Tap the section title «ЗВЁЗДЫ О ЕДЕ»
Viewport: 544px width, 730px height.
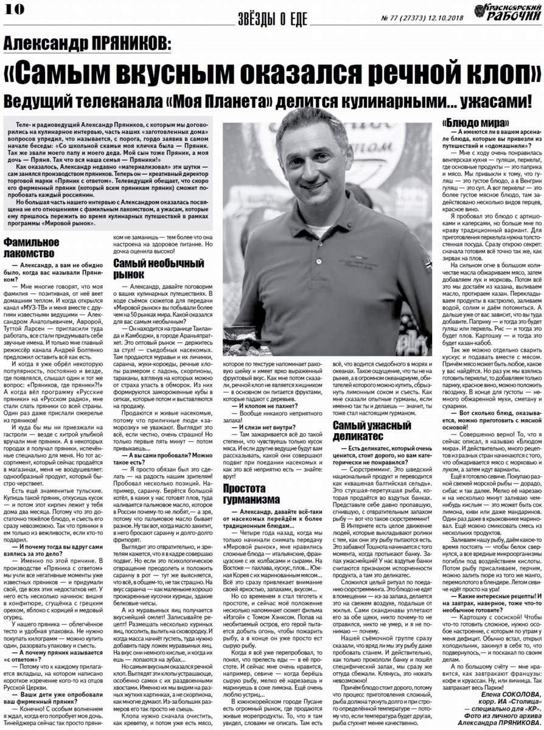[x=273, y=19]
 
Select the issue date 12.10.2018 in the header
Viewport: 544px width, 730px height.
[x=443, y=18]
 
